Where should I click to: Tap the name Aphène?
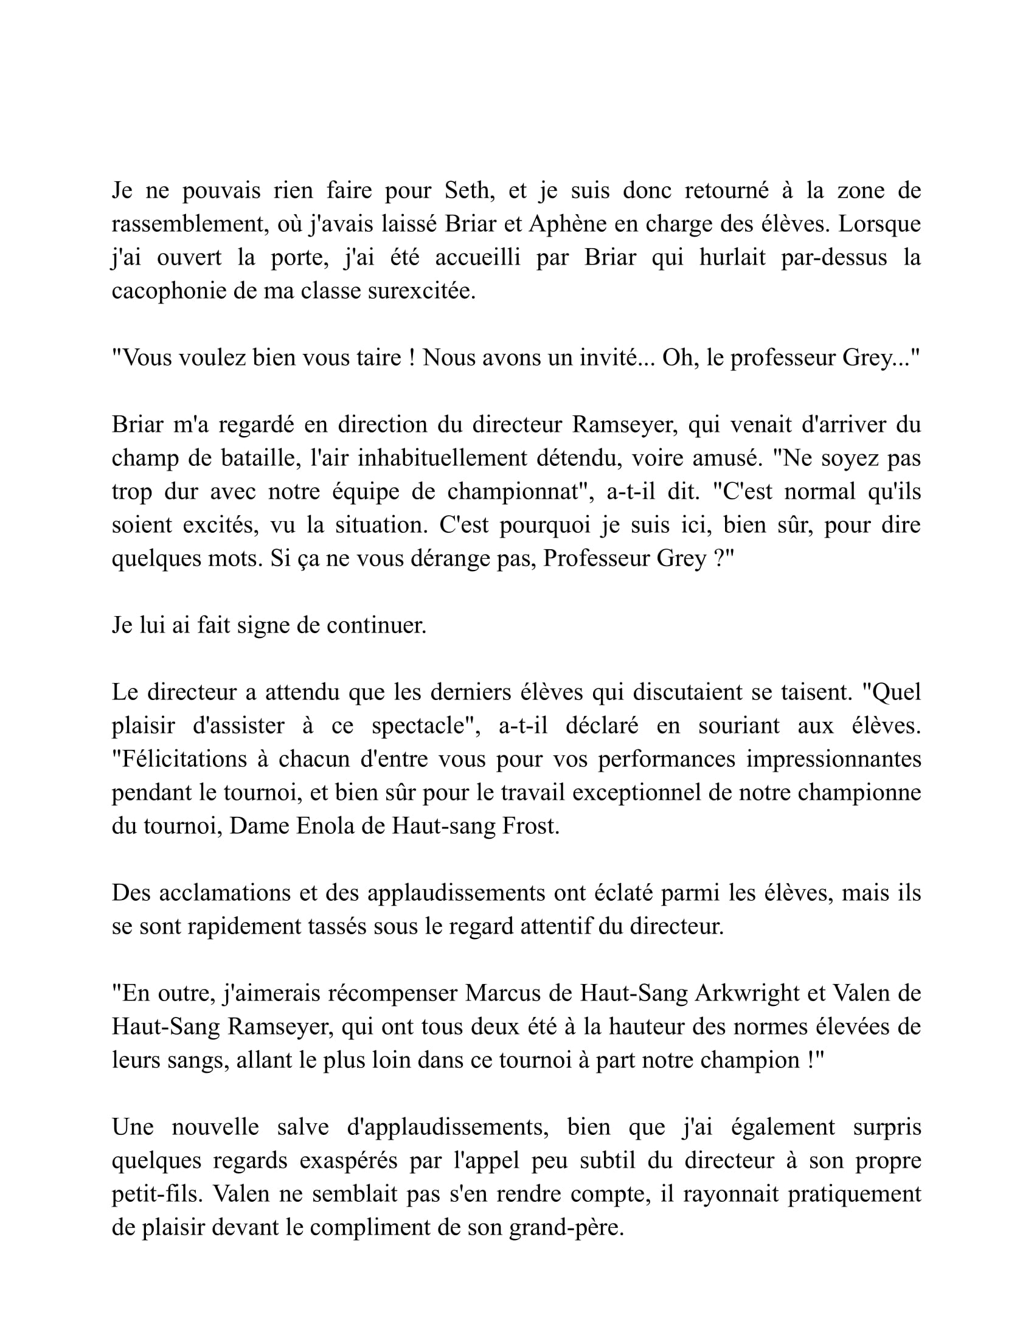click(x=569, y=224)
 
